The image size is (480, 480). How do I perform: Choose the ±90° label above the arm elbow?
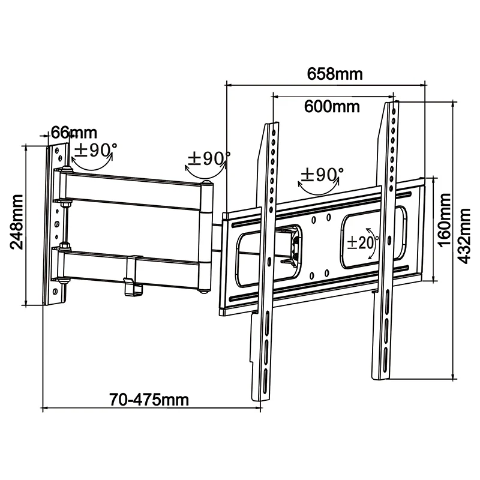[x=208, y=159]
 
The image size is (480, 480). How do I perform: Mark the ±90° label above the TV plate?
[x=322, y=175]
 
